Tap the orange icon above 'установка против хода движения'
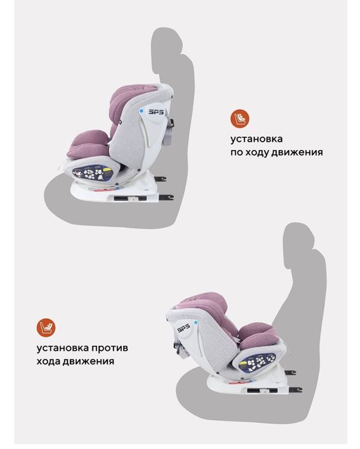[46, 328]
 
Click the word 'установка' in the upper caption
[257, 139]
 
